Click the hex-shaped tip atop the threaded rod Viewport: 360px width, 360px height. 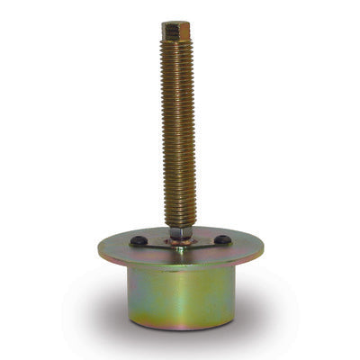175,31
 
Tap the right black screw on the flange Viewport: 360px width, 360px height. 220,239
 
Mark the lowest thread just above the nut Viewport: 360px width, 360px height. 180,221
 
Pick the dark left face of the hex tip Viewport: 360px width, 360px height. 167,32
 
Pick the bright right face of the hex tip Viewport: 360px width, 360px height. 184,32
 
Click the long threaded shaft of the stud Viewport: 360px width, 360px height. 178,135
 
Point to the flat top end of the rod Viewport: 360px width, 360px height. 175,24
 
